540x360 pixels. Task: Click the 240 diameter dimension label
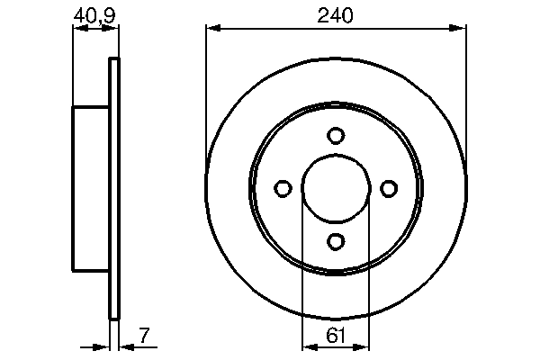click(336, 14)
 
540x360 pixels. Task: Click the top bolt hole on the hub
click(336, 135)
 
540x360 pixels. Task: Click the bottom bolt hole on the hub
click(336, 241)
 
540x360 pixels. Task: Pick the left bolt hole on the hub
click(283, 188)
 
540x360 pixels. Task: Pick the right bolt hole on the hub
click(389, 188)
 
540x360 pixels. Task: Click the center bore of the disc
click(336, 188)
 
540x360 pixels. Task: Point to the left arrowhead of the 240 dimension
click(212, 29)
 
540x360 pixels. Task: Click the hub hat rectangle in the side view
click(90, 188)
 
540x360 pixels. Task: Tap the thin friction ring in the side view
click(113, 188)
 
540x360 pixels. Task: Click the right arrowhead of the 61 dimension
click(364, 347)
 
